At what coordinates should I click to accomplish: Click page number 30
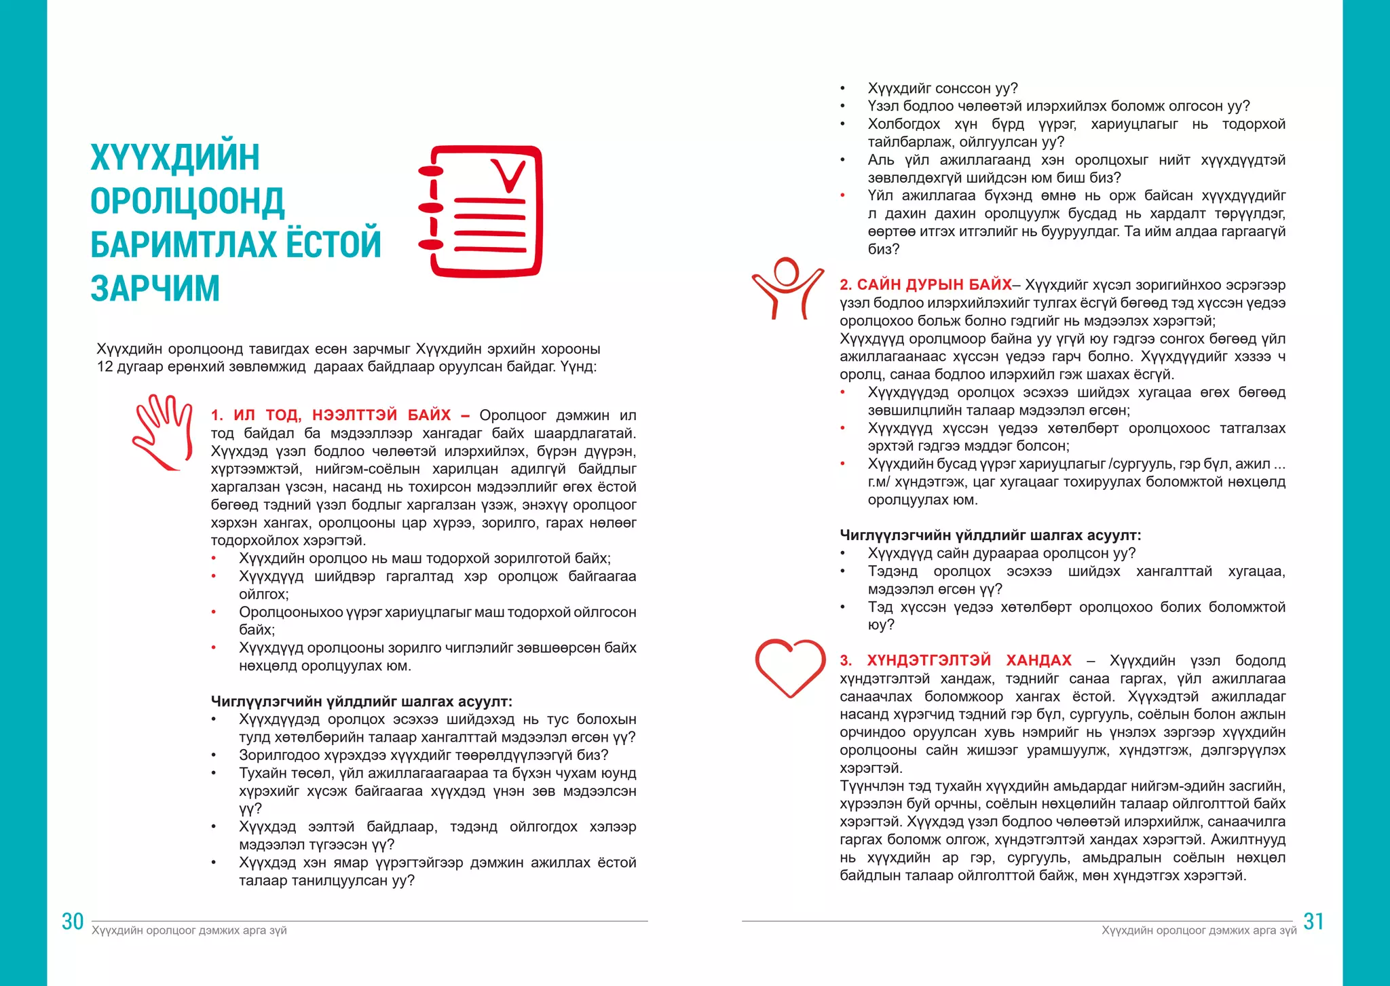coord(73,922)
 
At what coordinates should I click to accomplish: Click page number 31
coord(1313,922)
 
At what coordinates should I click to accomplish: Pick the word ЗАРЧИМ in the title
coord(155,288)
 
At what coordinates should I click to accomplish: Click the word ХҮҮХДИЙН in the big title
coord(175,157)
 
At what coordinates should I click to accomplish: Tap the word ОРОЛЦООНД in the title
coord(187,202)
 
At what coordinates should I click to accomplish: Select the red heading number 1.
coord(217,415)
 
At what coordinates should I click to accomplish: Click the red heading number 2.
coord(845,285)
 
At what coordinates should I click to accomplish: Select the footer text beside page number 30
coord(189,930)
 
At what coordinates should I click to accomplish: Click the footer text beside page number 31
coord(1199,930)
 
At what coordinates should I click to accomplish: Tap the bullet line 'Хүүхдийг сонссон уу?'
coord(942,88)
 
